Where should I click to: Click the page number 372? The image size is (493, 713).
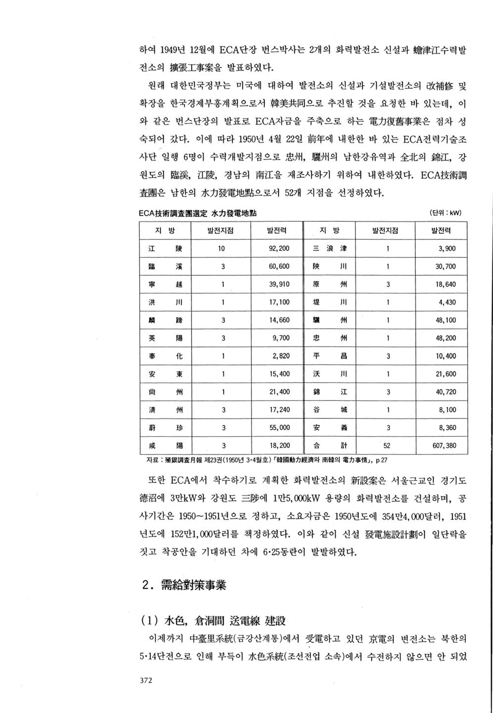(146, 680)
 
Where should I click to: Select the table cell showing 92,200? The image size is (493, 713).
(279, 249)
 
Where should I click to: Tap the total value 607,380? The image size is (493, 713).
(444, 446)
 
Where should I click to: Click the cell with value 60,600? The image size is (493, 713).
(279, 266)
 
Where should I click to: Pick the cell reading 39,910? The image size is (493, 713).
(279, 284)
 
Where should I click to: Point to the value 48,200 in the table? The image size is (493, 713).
(445, 338)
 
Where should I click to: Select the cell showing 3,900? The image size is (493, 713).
(447, 249)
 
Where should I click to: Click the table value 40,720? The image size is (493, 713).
(445, 392)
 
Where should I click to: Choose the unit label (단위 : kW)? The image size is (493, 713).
(446, 213)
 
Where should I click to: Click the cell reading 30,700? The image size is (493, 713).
(445, 266)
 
